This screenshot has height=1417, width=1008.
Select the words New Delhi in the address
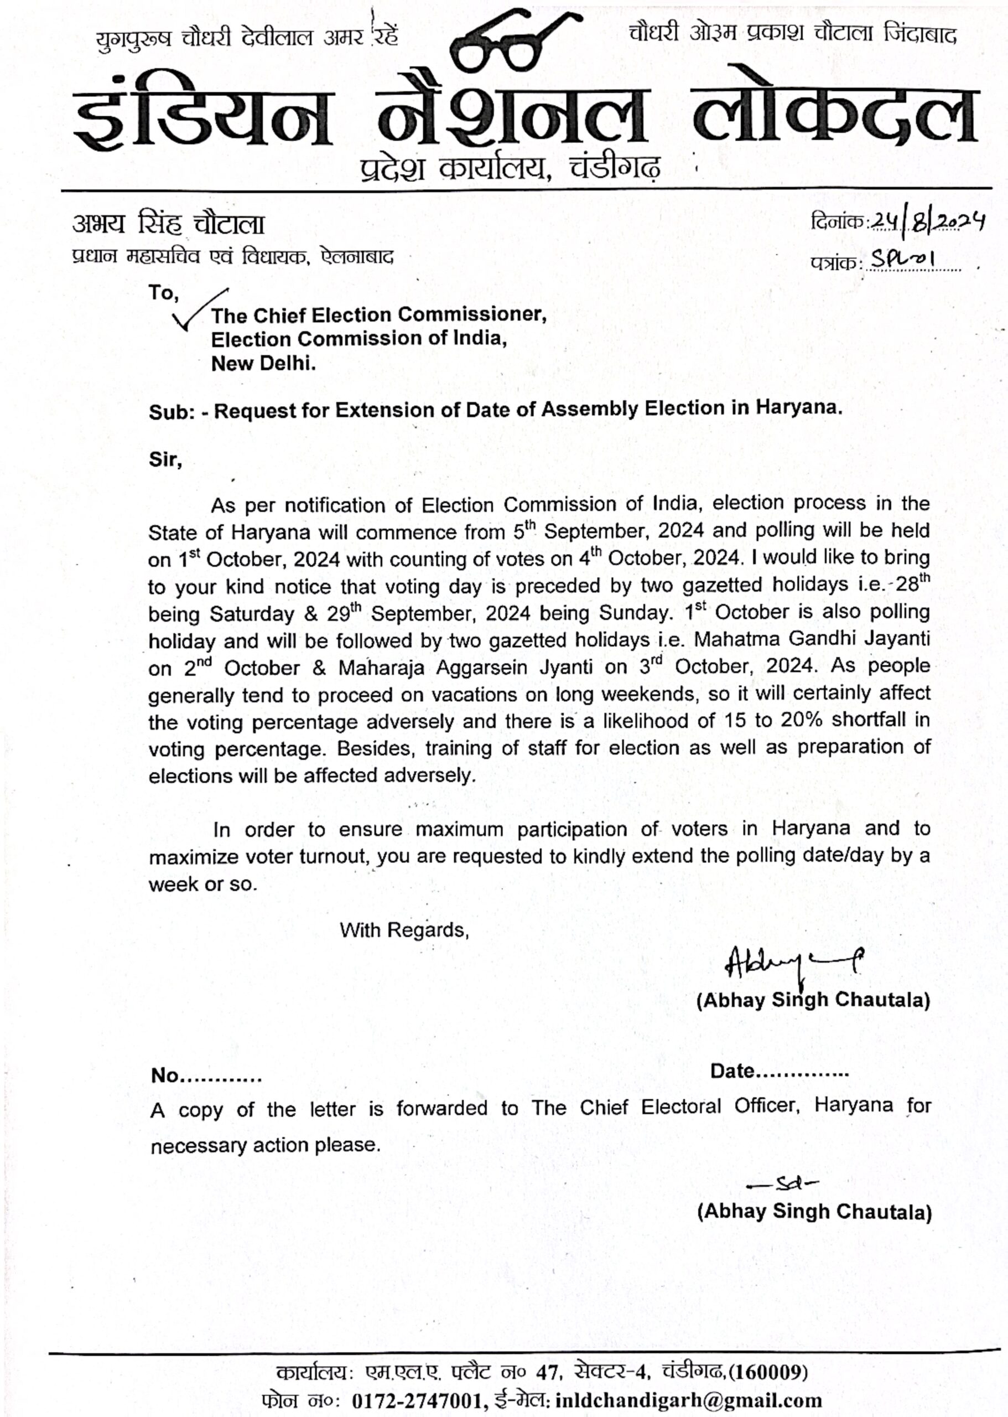point(263,363)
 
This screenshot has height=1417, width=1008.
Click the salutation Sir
point(165,460)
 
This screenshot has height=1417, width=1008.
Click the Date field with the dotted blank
point(779,1071)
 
